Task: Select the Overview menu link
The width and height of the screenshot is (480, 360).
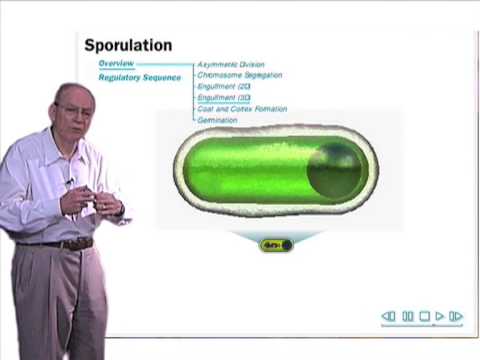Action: coord(116,64)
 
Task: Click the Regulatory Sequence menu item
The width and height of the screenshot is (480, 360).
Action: coord(139,77)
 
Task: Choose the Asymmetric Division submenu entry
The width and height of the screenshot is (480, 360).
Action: coord(231,64)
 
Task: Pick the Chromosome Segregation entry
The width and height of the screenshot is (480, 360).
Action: coord(239,75)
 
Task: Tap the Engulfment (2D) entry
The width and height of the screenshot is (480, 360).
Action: coord(224,87)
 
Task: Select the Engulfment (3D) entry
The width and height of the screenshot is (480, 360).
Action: coord(224,98)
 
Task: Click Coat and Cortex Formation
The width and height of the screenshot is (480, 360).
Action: coord(242,109)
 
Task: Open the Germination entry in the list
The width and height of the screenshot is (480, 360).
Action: coord(218,120)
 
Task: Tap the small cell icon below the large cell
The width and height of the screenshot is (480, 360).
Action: coord(276,244)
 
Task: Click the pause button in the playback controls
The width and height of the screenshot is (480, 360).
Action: coord(408,317)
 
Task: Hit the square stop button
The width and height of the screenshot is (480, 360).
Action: coord(424,317)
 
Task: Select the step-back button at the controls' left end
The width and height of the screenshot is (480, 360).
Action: coord(389,317)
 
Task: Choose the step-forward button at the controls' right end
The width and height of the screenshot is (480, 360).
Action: coord(456,317)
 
